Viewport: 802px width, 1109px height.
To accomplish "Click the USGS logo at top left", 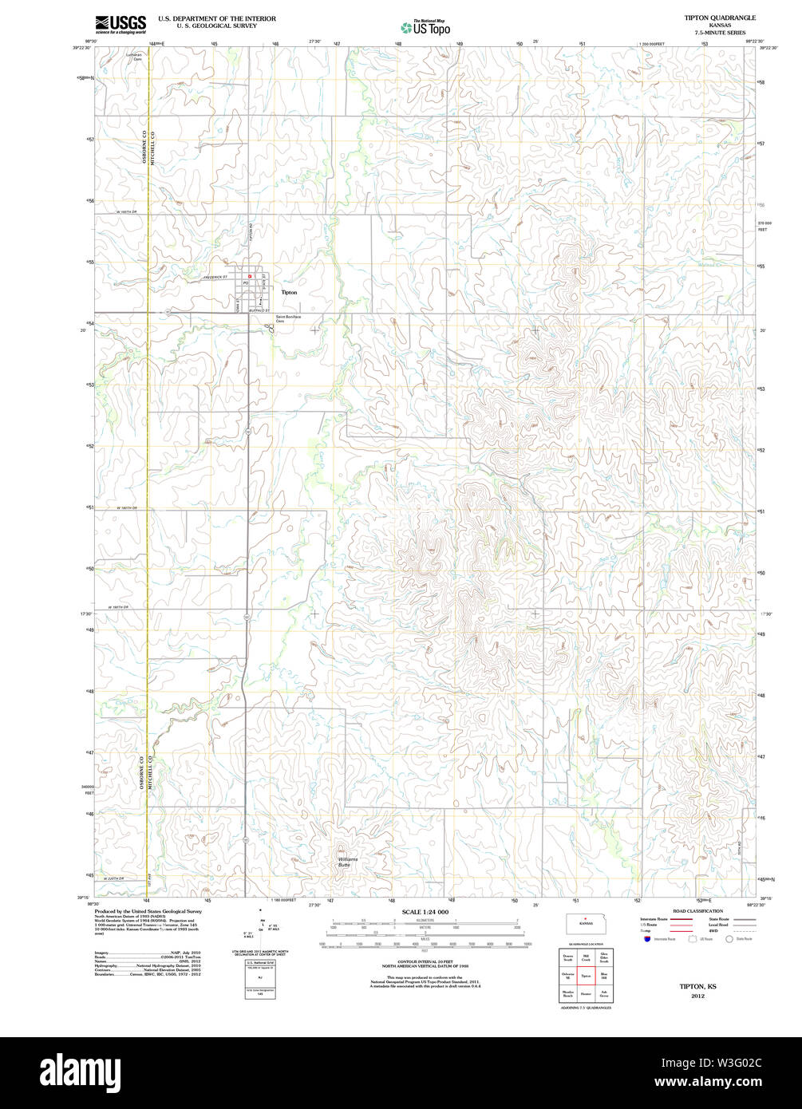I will coord(120,24).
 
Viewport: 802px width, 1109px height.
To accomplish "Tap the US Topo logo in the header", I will coord(426,27).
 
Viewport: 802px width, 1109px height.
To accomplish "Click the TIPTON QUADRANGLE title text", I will coord(709,17).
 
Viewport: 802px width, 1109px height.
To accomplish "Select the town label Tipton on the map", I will coord(289,293).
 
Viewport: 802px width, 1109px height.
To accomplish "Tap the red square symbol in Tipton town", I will coord(250,276).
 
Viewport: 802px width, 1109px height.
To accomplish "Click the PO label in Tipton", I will coord(247,283).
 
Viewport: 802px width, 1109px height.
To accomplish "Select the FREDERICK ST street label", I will coord(215,277).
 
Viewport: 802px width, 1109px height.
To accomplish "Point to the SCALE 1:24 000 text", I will coord(425,912).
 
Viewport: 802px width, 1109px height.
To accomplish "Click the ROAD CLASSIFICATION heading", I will coord(697,911).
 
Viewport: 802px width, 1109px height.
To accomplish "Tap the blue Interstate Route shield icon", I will coord(646,938).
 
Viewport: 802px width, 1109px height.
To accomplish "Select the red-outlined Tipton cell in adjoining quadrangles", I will coord(586,976).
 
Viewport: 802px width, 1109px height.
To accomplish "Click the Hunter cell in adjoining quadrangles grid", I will coord(586,994).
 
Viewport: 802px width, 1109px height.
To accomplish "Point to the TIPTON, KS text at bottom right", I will coord(697,987).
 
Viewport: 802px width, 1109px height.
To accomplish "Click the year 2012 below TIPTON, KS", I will coord(697,997).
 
